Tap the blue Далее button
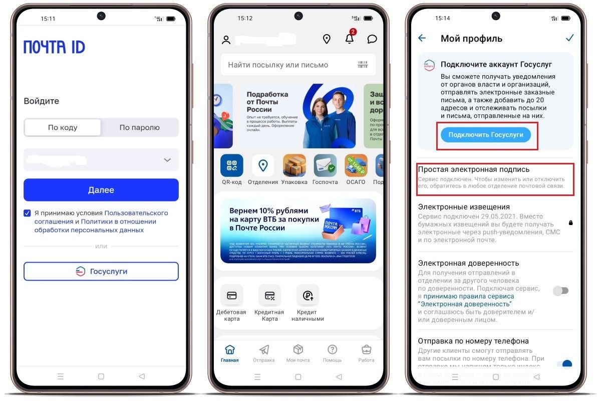[x=101, y=190]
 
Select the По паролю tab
[x=139, y=127]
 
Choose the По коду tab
[x=63, y=127]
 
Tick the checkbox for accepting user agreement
[x=28, y=213]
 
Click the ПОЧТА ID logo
[x=54, y=47]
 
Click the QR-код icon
[x=231, y=166]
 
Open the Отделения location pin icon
[x=262, y=166]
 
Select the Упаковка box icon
[x=294, y=166]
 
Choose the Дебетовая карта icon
[x=231, y=296]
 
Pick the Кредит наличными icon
[x=308, y=296]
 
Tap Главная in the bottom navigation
[x=230, y=353]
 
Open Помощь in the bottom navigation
[x=332, y=353]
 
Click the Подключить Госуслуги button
[x=485, y=135]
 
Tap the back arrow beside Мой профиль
[x=422, y=38]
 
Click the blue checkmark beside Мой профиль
[x=569, y=38]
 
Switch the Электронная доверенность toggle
[x=560, y=291]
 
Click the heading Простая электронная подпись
[x=474, y=169]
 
